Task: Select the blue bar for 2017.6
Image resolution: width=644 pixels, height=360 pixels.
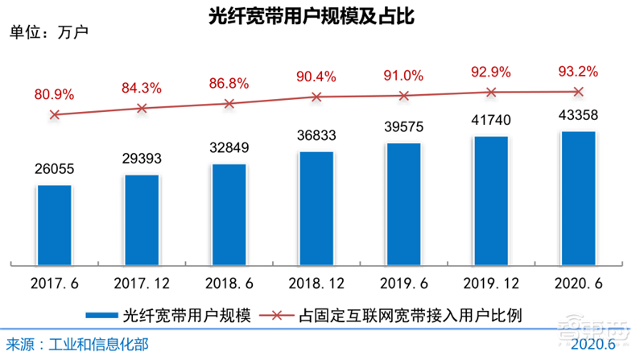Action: coord(55,225)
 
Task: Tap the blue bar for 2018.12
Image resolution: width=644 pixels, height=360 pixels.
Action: coord(316,208)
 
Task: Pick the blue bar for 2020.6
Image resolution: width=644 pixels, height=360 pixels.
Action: coord(578,197)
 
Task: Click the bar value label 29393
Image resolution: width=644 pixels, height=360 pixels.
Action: coord(142,158)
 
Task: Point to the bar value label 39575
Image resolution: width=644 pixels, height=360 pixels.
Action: coord(403,127)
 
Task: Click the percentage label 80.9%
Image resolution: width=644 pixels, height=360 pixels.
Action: coord(55,94)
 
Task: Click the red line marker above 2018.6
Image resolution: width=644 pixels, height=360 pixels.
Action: coord(229,103)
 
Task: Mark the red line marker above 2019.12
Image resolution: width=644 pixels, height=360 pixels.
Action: coord(491,92)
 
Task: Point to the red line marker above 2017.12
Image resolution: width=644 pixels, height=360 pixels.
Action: coord(142,108)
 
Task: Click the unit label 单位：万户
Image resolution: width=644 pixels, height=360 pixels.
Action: coord(48,33)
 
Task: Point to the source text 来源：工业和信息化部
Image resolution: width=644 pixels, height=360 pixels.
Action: coord(78,345)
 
